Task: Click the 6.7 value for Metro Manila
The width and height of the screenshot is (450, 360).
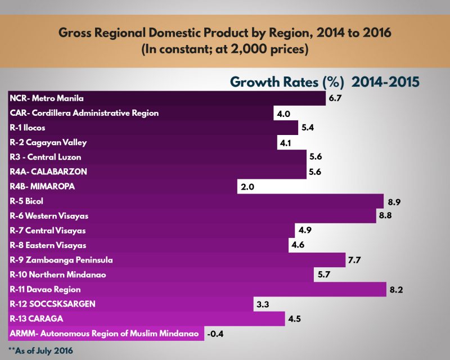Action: pyautogui.click(x=336, y=98)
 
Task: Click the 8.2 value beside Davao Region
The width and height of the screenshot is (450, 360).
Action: pyautogui.click(x=396, y=290)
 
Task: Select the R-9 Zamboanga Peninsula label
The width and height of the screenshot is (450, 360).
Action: pyautogui.click(x=62, y=260)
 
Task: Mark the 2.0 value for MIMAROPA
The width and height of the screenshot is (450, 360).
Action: pyautogui.click(x=248, y=187)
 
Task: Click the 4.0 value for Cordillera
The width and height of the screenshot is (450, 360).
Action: pyautogui.click(x=283, y=114)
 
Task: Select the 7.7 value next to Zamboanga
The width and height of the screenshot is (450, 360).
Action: pyautogui.click(x=355, y=260)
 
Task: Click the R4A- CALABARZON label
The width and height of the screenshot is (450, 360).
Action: pyautogui.click(x=49, y=172)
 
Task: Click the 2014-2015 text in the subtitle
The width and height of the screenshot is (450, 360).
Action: pyautogui.click(x=385, y=82)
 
